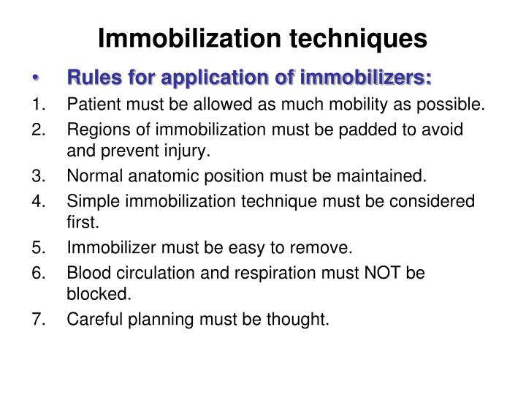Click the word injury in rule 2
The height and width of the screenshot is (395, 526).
click(188, 152)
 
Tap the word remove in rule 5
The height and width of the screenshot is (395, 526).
click(319, 248)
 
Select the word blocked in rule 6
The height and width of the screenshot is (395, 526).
click(91, 295)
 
